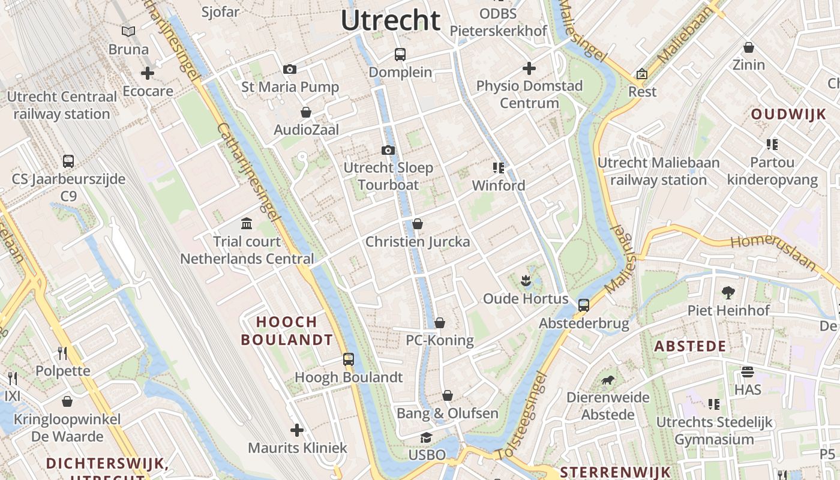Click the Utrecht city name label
tap(391, 20)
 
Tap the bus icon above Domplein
tap(400, 55)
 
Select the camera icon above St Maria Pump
tap(290, 70)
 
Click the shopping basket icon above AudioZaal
tap(306, 112)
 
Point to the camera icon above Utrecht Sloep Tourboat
tap(388, 150)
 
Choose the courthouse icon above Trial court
tap(247, 224)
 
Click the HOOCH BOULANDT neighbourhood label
tap(287, 331)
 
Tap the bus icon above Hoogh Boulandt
tap(349, 359)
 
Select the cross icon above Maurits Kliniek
tap(297, 430)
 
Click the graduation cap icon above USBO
tap(427, 437)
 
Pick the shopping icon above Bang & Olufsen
tap(448, 395)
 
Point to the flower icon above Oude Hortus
tap(526, 280)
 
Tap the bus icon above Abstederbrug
tap(584, 305)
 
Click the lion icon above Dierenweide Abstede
tap(608, 380)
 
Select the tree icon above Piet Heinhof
tap(728, 292)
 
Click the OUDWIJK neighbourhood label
tap(788, 115)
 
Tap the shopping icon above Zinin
tap(749, 47)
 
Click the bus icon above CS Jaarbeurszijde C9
tap(68, 161)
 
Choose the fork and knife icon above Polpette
tap(62, 353)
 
